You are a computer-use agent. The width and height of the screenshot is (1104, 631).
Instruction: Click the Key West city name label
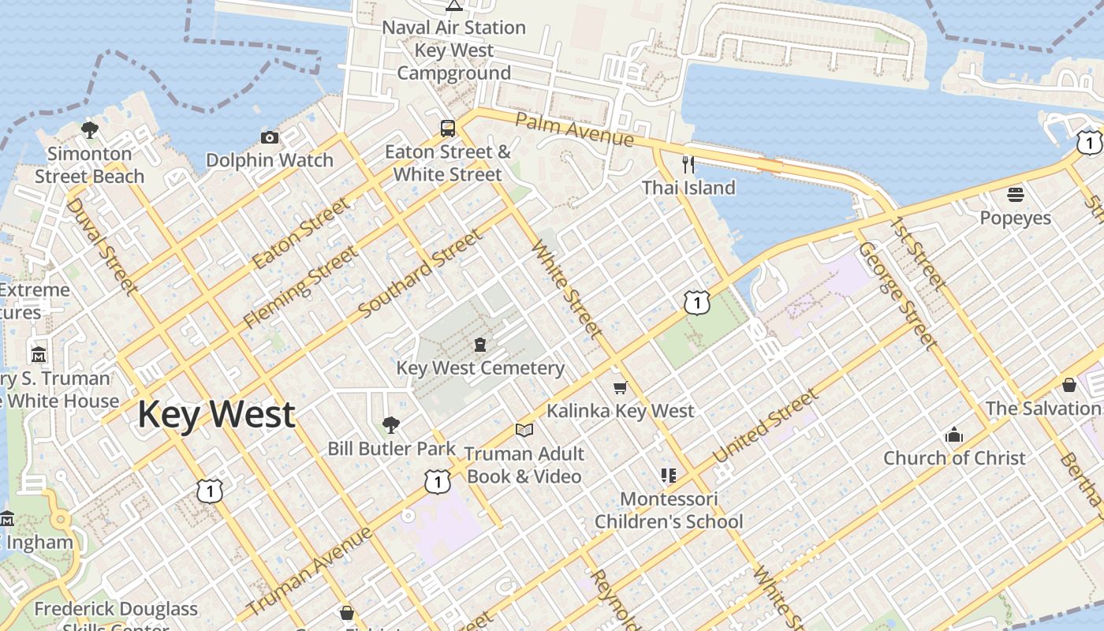coord(216,415)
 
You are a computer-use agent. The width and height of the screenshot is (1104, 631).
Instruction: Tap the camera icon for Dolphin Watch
coord(270,138)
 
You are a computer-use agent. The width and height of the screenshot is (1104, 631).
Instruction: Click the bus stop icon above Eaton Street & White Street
coord(448,129)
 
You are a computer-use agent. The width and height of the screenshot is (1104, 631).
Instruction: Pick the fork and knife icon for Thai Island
coord(688,165)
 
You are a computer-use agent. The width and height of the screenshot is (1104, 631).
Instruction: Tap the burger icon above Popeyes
coord(1016,194)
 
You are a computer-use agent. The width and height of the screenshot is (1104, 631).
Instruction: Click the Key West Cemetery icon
coord(479,345)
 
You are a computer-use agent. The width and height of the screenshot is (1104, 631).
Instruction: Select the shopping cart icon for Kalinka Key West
coord(621,387)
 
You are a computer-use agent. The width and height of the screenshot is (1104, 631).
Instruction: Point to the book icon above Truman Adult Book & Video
coord(524,430)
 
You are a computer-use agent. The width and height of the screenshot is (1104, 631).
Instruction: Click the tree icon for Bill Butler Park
coord(391,426)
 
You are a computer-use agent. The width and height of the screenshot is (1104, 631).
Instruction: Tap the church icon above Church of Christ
coord(954,435)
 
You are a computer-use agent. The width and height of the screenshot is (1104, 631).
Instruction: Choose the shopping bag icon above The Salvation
coord(1069,385)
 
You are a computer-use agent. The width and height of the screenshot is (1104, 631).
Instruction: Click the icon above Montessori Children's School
coord(669,476)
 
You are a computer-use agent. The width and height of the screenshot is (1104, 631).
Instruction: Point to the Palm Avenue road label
coord(574,129)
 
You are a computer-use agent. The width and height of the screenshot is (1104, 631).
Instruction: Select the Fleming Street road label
coord(300,287)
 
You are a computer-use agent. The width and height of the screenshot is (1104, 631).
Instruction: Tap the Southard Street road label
coord(420,274)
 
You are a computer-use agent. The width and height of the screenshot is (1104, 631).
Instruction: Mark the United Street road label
coord(765,428)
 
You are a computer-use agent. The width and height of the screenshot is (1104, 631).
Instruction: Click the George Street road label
coord(897,296)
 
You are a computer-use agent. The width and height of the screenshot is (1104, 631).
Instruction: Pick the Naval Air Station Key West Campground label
coord(453,50)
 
